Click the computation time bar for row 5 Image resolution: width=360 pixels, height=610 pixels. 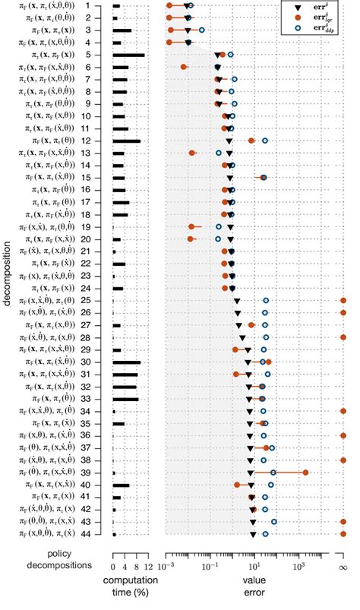pos(128,55)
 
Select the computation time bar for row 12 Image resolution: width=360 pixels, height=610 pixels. pos(126,141)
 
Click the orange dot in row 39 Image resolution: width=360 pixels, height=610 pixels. pos(305,473)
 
